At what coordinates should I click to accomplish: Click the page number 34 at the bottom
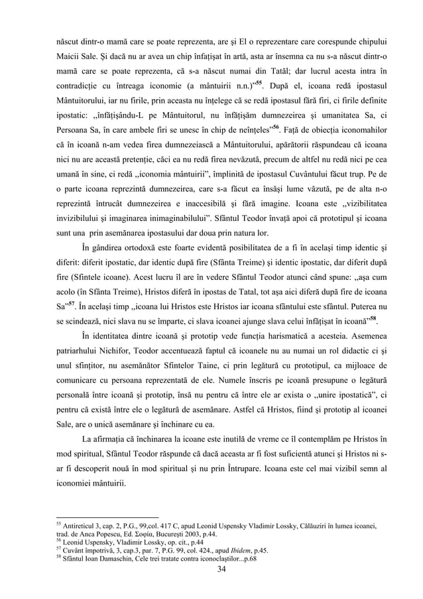[x=211, y=566]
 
